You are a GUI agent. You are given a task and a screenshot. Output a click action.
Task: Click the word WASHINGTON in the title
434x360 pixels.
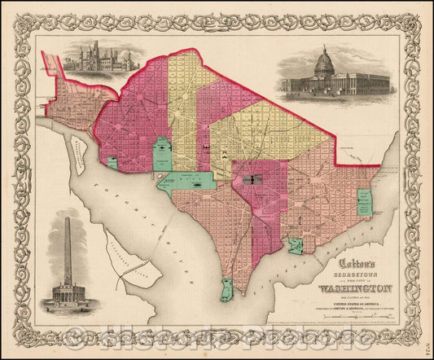pos(357,288)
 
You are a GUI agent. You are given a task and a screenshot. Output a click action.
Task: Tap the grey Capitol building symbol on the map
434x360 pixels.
pos(252,178)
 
